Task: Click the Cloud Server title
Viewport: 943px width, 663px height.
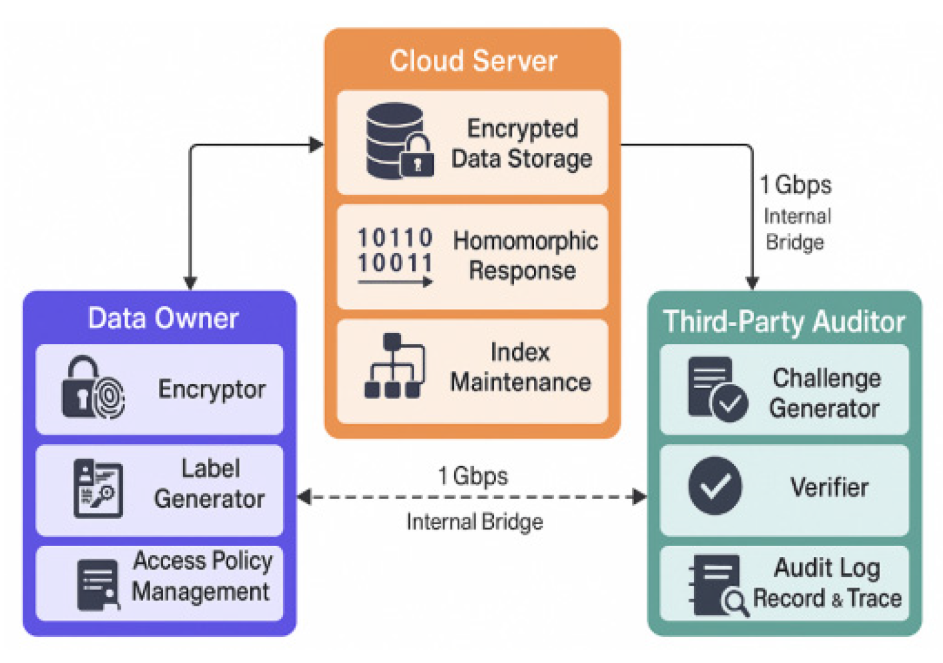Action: [473, 61]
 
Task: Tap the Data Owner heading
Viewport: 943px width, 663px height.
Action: [164, 318]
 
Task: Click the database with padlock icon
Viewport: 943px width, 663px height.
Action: [400, 142]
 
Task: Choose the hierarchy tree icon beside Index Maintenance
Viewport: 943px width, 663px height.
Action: [394, 366]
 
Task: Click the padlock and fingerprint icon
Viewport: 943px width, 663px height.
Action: [93, 387]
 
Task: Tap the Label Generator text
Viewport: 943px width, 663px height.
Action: [210, 483]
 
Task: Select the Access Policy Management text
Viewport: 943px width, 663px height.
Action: [202, 576]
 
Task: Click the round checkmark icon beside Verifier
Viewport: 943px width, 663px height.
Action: [715, 485]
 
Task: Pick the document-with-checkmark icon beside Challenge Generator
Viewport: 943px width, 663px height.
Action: [718, 389]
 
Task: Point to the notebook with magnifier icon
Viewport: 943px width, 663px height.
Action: [719, 586]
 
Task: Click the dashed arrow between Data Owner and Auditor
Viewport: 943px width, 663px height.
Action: [472, 497]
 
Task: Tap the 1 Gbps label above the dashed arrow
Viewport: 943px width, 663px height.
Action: [473, 477]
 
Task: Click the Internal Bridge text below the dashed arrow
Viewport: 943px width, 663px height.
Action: [475, 521]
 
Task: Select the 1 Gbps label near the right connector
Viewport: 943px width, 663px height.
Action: [796, 186]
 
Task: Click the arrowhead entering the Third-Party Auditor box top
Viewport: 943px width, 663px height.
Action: [752, 283]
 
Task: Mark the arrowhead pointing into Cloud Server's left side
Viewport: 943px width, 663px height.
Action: [316, 144]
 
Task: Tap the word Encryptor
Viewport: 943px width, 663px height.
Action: [212, 389]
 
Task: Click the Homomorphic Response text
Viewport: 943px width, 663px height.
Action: [525, 255]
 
